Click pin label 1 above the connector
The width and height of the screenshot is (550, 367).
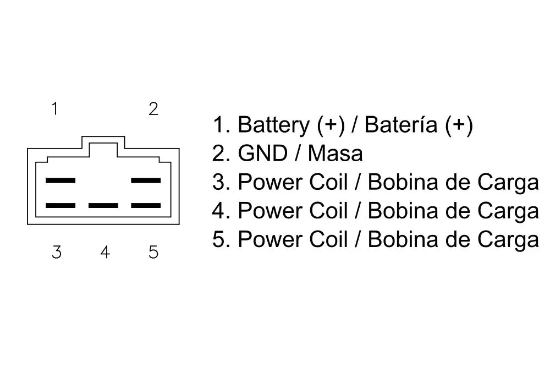(54, 109)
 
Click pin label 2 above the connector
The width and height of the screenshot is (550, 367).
(153, 109)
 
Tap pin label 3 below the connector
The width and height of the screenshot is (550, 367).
(57, 253)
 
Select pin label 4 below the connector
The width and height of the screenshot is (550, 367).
(105, 253)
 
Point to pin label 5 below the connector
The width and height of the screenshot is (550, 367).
(153, 253)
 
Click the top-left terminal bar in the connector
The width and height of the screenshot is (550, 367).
(61, 180)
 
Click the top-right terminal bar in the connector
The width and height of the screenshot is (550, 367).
(146, 180)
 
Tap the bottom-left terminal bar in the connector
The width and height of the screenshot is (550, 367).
(61, 206)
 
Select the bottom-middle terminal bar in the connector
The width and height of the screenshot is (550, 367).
(103, 206)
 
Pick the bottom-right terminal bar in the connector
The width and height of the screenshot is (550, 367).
(146, 206)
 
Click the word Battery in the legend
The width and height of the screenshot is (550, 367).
(273, 125)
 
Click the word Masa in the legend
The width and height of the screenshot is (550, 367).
(335, 154)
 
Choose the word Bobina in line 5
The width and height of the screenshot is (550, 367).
(403, 240)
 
